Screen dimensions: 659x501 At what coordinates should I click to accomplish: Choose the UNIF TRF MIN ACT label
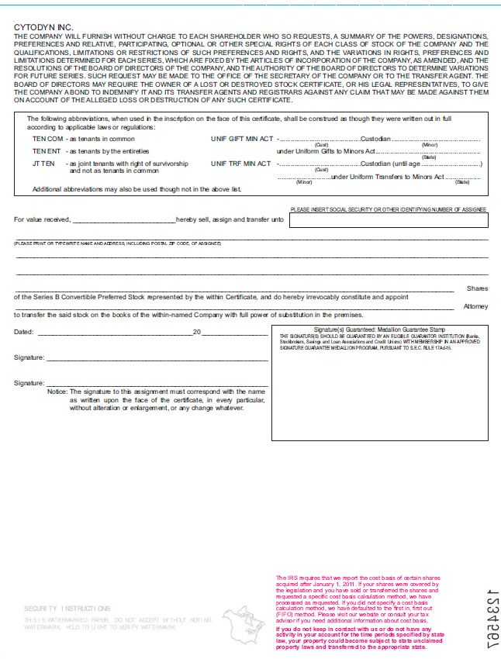[240, 164]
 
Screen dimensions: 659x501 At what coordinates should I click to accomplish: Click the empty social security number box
[389, 221]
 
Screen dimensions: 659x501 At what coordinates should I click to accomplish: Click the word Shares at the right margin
[477, 288]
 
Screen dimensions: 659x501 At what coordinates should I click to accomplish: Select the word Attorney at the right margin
[475, 306]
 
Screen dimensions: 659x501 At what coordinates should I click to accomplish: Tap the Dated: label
[24, 333]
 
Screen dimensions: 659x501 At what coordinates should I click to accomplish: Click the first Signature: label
[29, 358]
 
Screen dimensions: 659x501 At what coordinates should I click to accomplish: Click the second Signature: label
[29, 383]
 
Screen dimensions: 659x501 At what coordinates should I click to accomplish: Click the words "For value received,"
[43, 220]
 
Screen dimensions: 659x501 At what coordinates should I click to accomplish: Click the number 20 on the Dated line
[196, 333]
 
